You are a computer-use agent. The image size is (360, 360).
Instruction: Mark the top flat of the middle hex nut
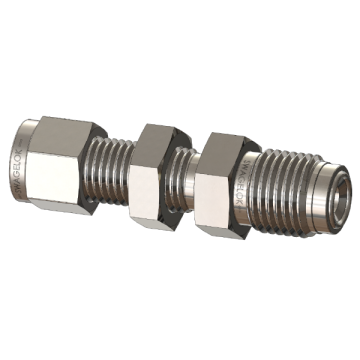coord(159,130)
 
